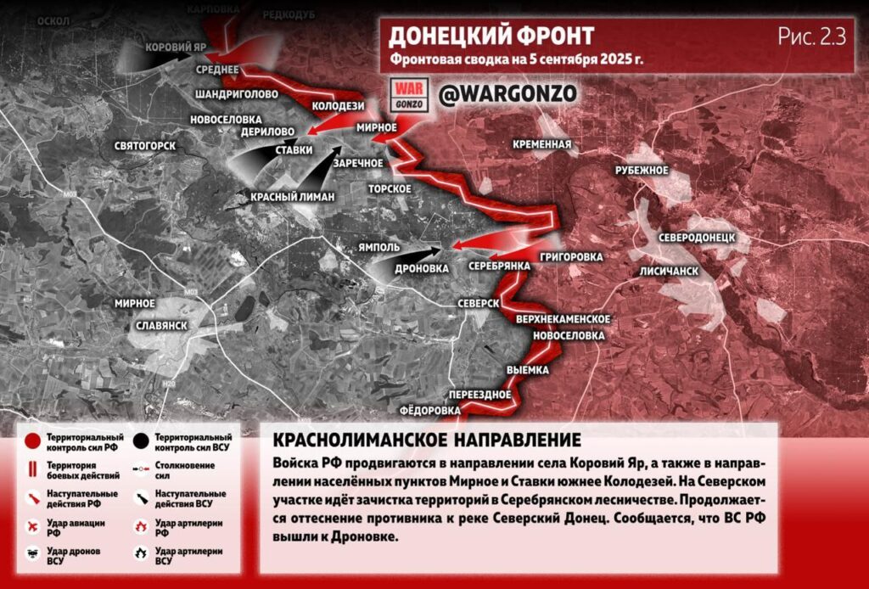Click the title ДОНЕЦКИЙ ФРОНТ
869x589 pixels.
pyautogui.click(x=491, y=36)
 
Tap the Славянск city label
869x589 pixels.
pyautogui.click(x=161, y=325)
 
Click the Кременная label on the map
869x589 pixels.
pyautogui.click(x=541, y=144)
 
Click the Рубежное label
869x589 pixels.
pyautogui.click(x=642, y=171)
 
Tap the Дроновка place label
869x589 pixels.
pyautogui.click(x=422, y=268)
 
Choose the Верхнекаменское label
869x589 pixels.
pyautogui.click(x=563, y=318)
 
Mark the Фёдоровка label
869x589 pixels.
pyautogui.click(x=429, y=410)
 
